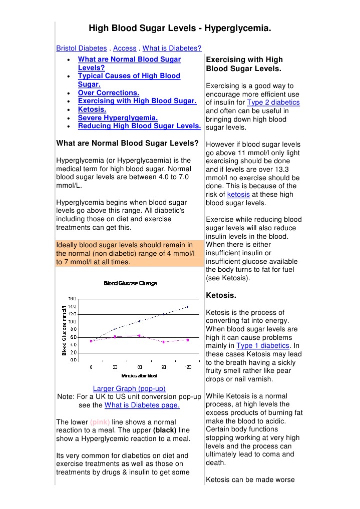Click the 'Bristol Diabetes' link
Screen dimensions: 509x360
(x=81, y=49)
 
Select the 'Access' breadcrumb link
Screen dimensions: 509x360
(x=125, y=49)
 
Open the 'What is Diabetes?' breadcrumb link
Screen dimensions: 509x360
(x=172, y=49)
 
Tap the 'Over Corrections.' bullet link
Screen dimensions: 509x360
(x=108, y=93)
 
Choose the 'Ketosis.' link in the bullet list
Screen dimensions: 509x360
(x=92, y=109)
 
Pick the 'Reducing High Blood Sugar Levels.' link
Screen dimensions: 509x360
(x=139, y=126)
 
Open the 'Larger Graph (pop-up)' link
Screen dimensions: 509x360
(x=129, y=388)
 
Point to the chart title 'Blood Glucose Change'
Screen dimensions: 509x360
(x=130, y=283)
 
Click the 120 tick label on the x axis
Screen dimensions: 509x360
(x=188, y=367)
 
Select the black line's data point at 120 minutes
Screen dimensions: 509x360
(x=187, y=306)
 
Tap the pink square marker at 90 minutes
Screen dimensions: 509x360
(x=163, y=342)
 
